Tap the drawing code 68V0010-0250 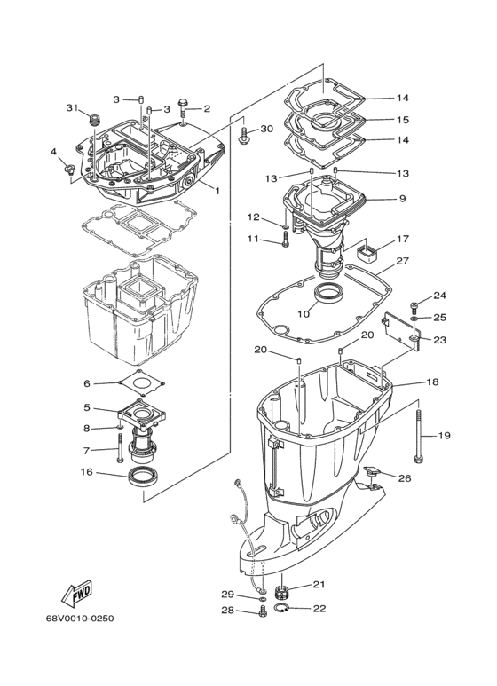point(80,619)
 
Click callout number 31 point(72,107)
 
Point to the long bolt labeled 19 point(418,437)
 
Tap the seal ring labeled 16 point(145,476)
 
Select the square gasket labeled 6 point(142,383)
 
